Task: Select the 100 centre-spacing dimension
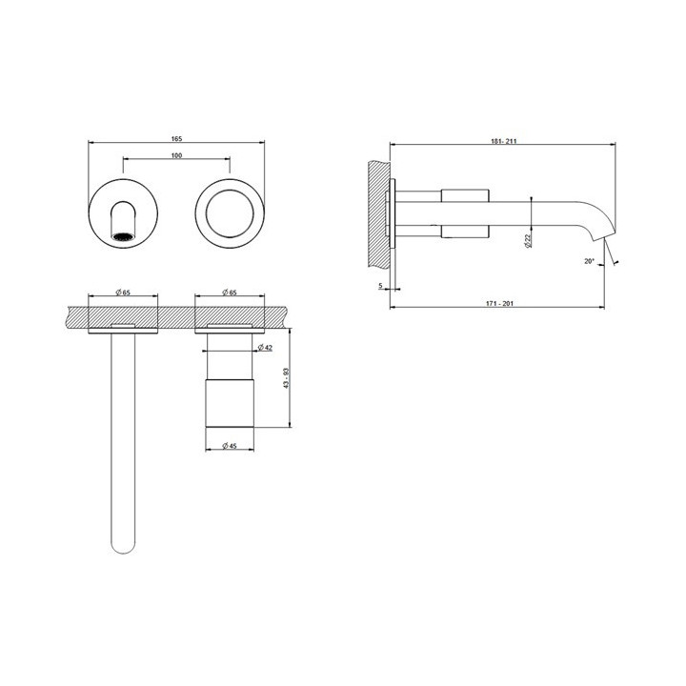click(x=177, y=154)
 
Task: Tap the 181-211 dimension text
click(x=505, y=141)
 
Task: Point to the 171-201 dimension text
click(x=499, y=302)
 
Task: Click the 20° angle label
click(x=590, y=260)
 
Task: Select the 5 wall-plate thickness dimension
click(x=380, y=285)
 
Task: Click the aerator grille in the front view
click(x=123, y=232)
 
